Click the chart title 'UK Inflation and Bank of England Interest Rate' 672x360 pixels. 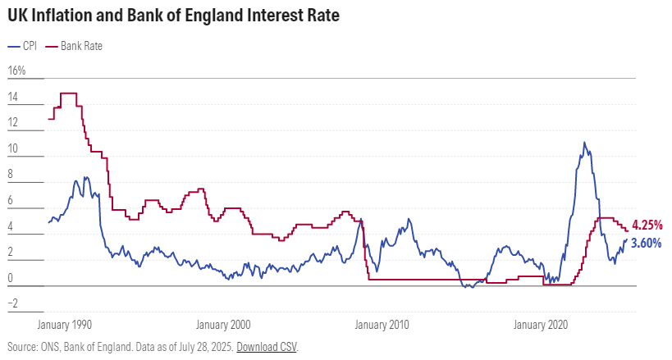tap(173, 16)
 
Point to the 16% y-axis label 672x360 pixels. tap(16, 71)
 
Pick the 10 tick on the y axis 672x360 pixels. tap(12, 149)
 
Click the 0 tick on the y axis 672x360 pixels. tap(10, 278)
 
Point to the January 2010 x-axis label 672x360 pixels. tap(382, 324)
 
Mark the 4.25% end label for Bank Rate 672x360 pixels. tap(647, 226)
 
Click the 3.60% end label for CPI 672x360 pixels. tap(647, 243)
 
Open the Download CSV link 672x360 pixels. tap(267, 347)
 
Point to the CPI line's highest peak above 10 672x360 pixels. tap(584, 143)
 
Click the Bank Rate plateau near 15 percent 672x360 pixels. tap(69, 93)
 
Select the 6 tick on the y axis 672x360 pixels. tap(10, 201)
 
